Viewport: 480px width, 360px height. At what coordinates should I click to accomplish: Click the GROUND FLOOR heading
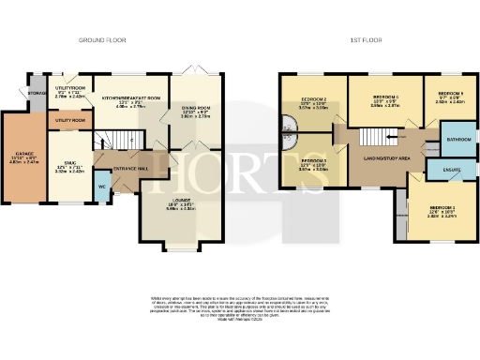(103, 40)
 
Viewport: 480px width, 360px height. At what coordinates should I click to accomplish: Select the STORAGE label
(37, 93)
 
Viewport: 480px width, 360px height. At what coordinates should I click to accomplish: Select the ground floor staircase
(118, 142)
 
